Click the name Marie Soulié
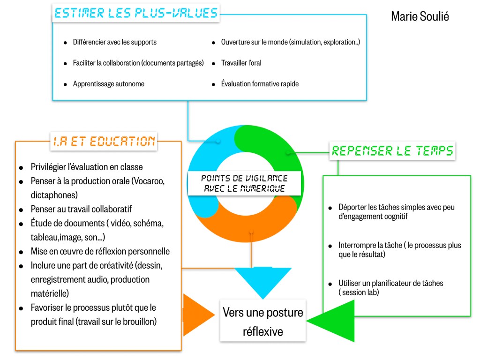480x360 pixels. point(420,16)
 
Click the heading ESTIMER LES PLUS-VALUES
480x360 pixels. point(136,13)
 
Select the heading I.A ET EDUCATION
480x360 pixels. point(104,141)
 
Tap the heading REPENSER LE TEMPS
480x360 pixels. point(392,151)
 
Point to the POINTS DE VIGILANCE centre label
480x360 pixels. point(244,183)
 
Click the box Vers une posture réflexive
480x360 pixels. point(262,322)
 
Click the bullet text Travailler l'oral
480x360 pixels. point(241,63)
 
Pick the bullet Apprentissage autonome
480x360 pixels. point(108,84)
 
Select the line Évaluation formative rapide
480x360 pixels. point(260,84)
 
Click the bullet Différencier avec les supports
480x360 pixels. point(114,42)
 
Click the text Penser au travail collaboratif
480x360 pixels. point(88,209)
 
